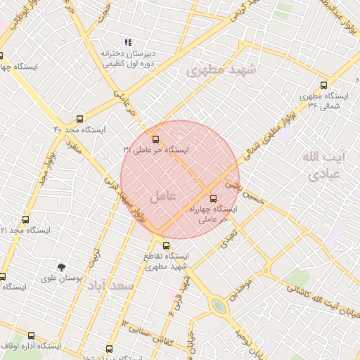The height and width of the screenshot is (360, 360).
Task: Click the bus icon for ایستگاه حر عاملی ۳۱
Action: point(155,139)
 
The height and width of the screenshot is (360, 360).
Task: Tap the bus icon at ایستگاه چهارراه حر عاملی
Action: point(214,199)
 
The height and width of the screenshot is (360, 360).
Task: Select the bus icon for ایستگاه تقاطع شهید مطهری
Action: point(166,245)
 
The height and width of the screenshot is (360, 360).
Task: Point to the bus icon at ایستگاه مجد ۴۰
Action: point(79,120)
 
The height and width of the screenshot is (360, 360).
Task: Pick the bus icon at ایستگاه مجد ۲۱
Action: point(26,220)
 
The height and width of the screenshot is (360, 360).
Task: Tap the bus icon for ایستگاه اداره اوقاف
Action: point(31,336)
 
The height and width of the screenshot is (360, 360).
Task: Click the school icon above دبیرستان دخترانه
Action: point(127,43)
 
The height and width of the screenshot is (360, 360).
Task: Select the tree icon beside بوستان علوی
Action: point(62,267)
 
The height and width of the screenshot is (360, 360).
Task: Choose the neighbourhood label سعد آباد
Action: point(117,286)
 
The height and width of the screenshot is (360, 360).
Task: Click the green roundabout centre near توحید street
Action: point(219,306)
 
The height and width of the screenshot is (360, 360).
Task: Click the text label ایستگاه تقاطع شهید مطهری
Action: point(167,261)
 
